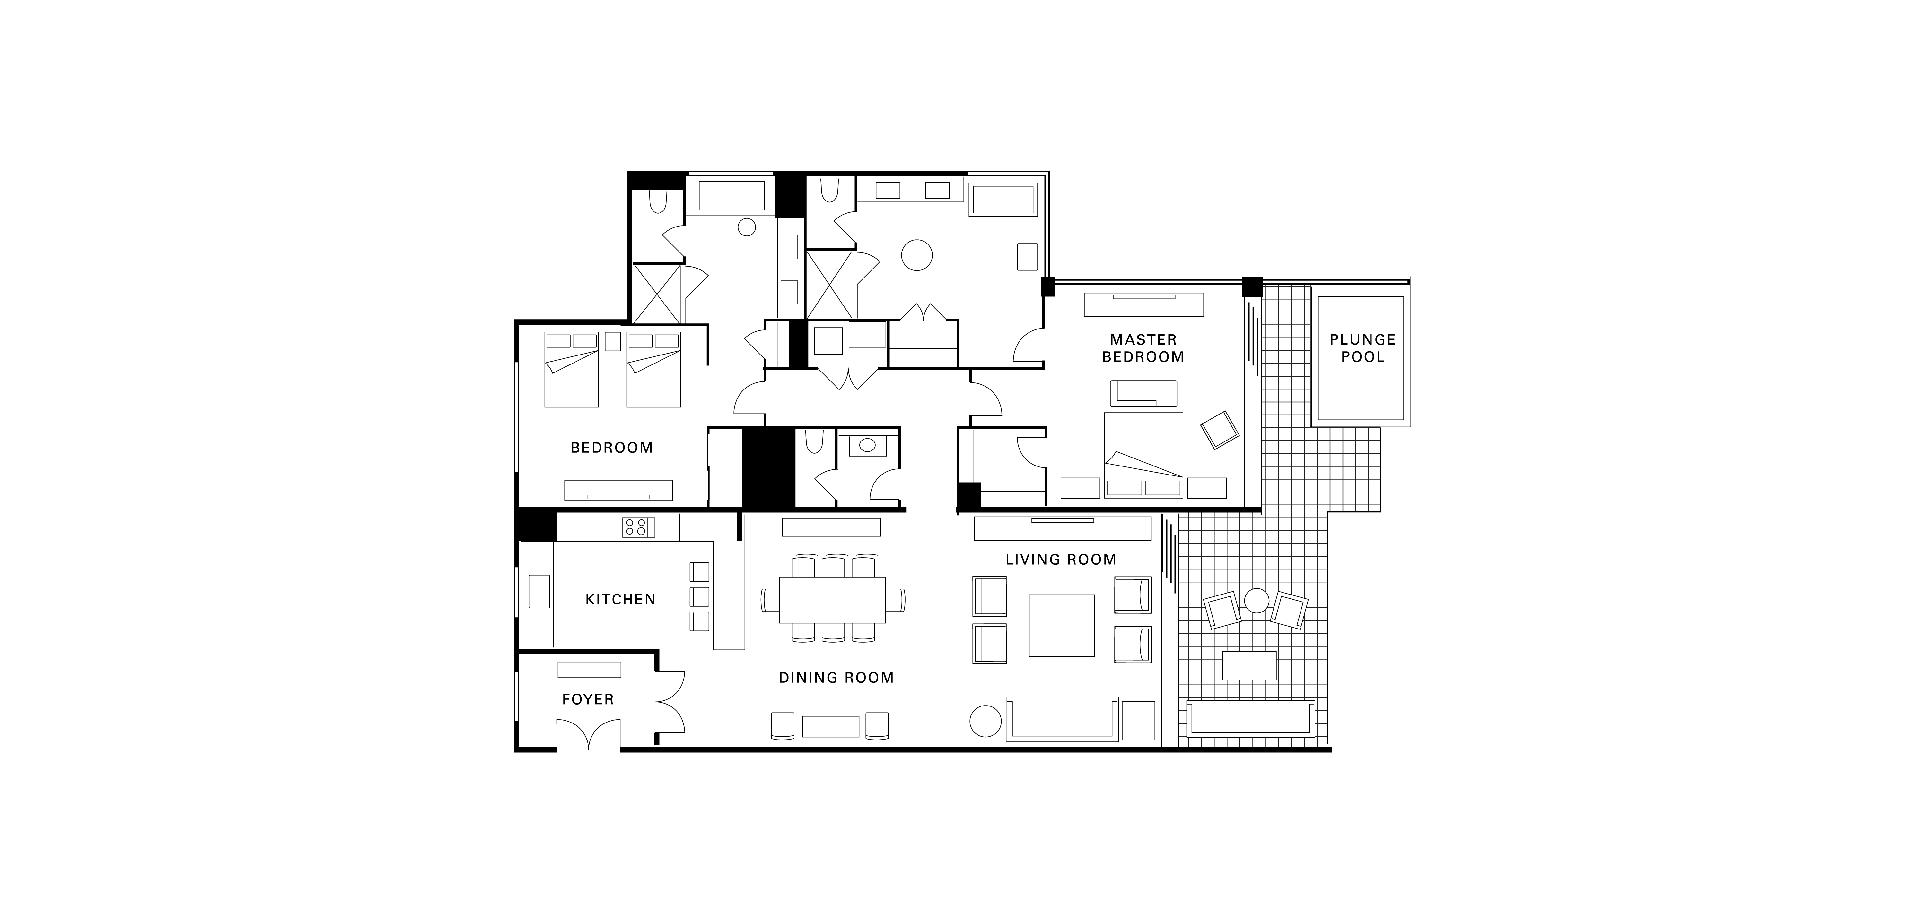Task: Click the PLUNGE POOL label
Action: [x=1362, y=348]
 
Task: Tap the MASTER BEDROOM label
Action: [x=1143, y=348]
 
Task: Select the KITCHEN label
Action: [x=620, y=600]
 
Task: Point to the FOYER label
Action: [x=588, y=700]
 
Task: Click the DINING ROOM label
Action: [x=836, y=678]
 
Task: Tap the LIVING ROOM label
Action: [x=1061, y=560]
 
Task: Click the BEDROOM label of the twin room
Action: [x=612, y=448]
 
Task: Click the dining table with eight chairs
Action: [x=833, y=600]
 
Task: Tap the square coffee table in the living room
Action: [x=1062, y=626]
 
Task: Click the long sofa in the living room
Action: [x=1062, y=719]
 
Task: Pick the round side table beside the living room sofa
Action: [x=985, y=722]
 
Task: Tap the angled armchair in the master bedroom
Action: [x=1219, y=430]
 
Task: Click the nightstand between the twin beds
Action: [x=613, y=341]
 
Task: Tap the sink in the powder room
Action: [x=867, y=445]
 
